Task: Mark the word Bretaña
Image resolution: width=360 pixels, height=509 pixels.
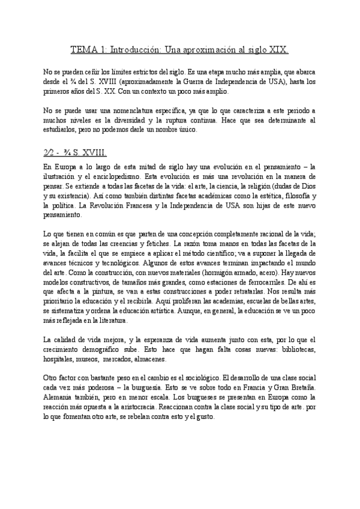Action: pyautogui.click(x=298, y=389)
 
